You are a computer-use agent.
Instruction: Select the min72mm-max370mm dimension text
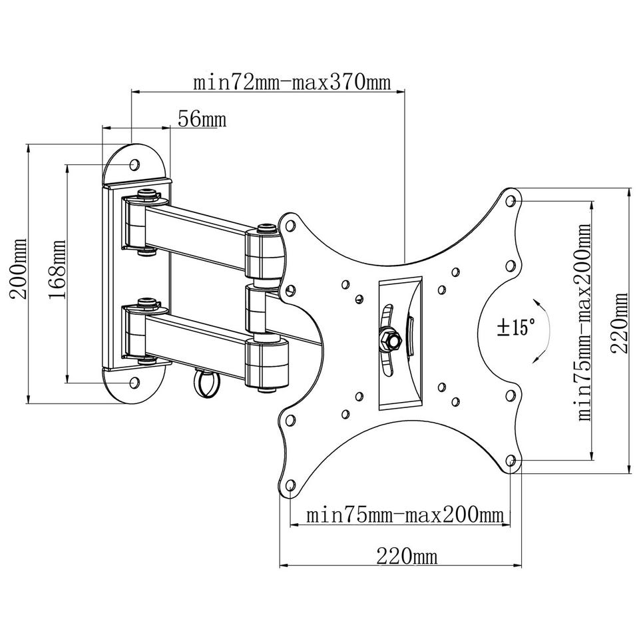tap(291, 83)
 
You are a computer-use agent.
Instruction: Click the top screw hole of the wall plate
tap(134, 163)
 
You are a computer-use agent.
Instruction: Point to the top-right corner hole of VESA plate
tap(511, 199)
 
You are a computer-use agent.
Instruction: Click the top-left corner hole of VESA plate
tap(290, 225)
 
